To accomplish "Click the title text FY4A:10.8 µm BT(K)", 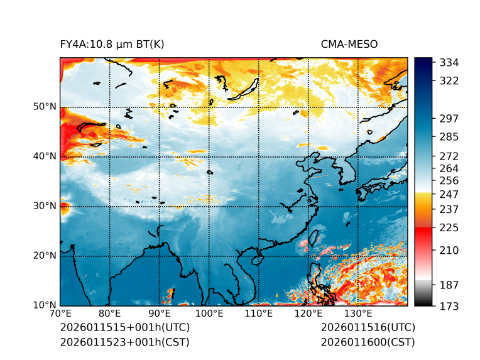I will [x=112, y=44].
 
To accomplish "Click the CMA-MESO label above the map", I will [x=349, y=44].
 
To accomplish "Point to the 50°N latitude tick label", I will [x=45, y=107].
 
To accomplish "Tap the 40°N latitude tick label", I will [x=45, y=156].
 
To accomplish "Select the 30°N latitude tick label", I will [x=45, y=206].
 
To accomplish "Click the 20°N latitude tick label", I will [x=45, y=256].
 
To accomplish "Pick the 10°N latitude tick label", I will [x=45, y=305].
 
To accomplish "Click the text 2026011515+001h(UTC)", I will [x=124, y=328].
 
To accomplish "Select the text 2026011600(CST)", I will [x=368, y=342].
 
